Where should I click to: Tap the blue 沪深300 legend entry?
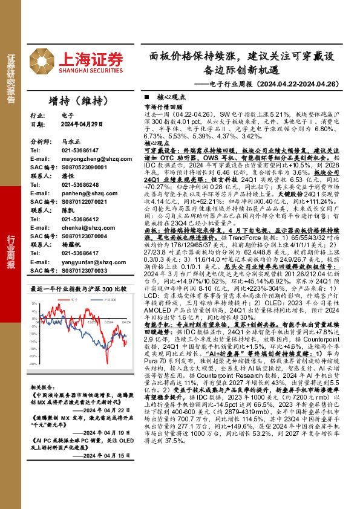tap(110, 300)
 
